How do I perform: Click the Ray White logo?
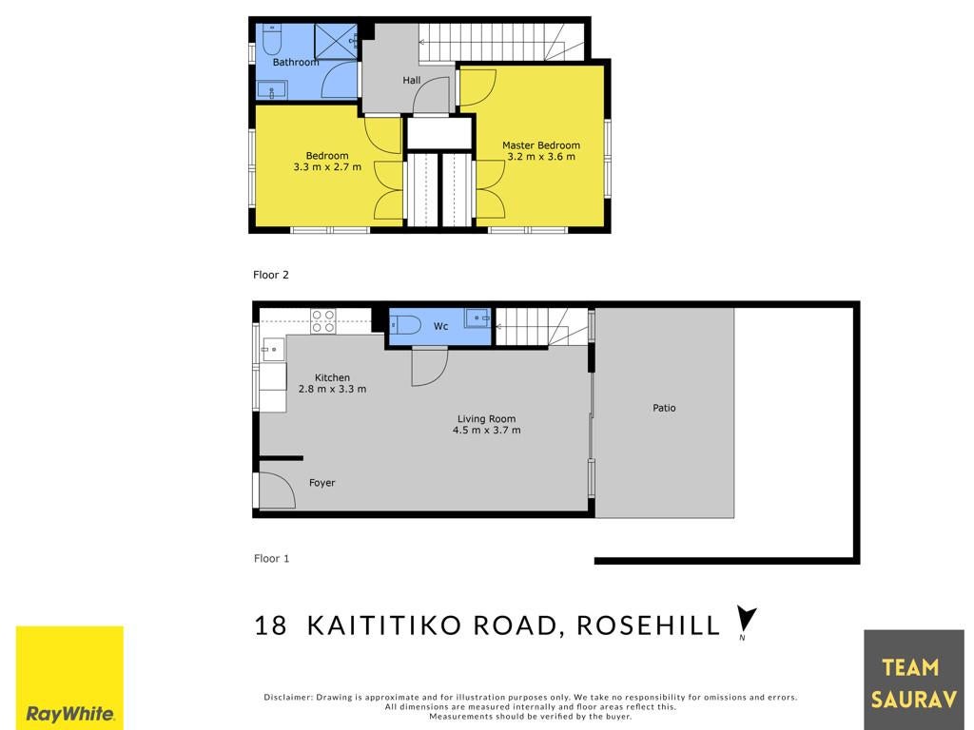69,678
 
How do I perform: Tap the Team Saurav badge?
914,680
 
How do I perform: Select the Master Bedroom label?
541,145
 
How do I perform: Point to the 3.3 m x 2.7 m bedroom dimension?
327,167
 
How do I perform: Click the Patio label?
664,408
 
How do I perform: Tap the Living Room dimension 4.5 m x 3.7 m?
486,430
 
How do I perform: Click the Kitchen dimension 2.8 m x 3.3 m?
332,389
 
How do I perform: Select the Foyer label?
321,482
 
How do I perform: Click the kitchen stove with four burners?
323,320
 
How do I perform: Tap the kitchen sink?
273,350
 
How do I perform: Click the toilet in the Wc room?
405,324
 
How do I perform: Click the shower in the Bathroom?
336,41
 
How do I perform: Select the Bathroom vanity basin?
271,90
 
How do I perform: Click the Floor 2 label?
271,275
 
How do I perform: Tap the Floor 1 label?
271,558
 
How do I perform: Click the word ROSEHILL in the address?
648,625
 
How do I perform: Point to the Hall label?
411,80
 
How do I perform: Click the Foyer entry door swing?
278,490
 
